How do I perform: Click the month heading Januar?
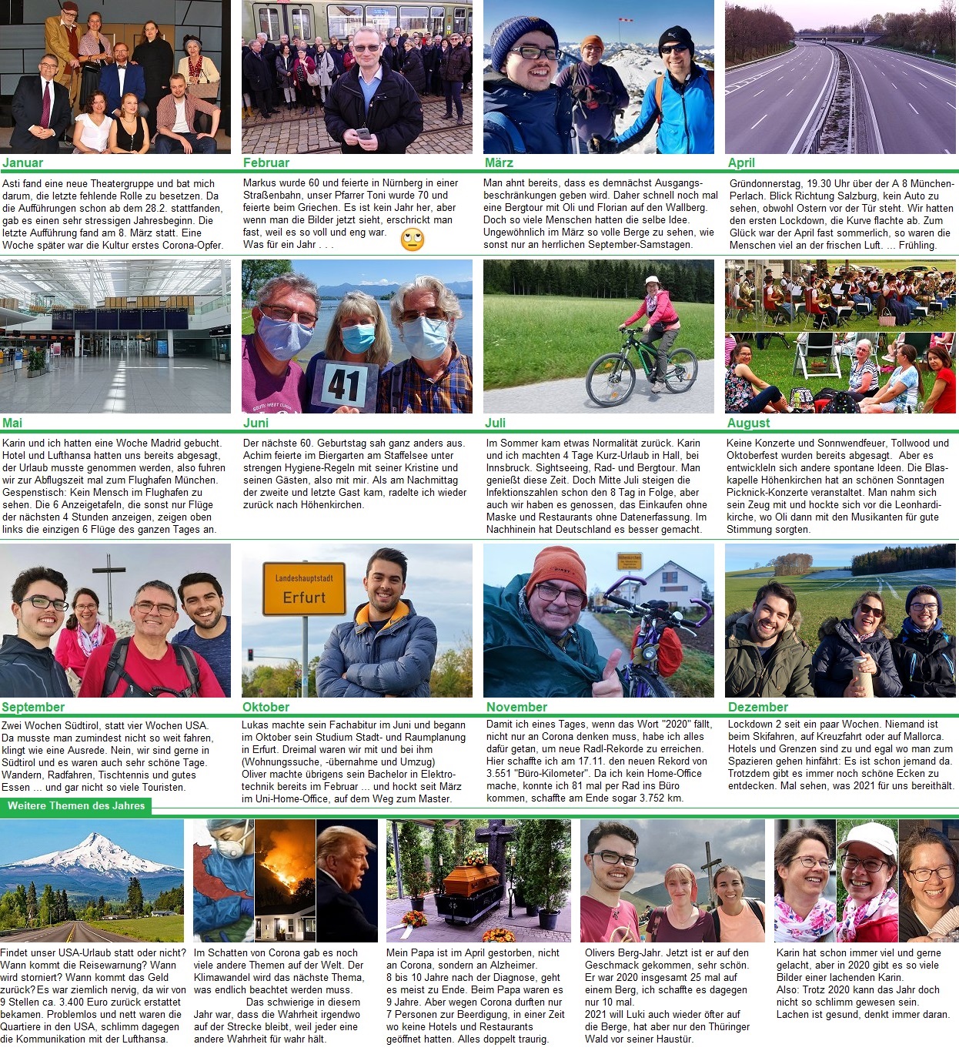(22, 162)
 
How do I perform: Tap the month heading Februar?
(266, 162)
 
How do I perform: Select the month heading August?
(748, 423)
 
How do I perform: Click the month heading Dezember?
(758, 707)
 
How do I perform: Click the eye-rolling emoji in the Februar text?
(413, 240)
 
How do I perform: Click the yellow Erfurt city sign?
(304, 589)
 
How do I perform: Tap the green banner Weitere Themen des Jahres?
(76, 806)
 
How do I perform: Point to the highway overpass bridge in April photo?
(839, 37)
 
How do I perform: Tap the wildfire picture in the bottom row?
(285, 880)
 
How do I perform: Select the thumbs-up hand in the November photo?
(607, 677)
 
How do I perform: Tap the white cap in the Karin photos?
(867, 838)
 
